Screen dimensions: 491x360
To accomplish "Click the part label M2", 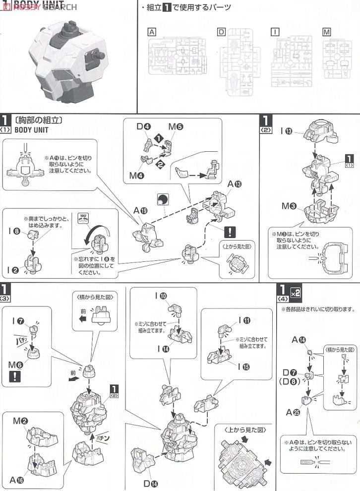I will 20,421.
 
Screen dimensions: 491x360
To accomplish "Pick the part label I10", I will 160,296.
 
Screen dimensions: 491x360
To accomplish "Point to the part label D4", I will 143,126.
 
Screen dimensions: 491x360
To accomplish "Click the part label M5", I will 176,126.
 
